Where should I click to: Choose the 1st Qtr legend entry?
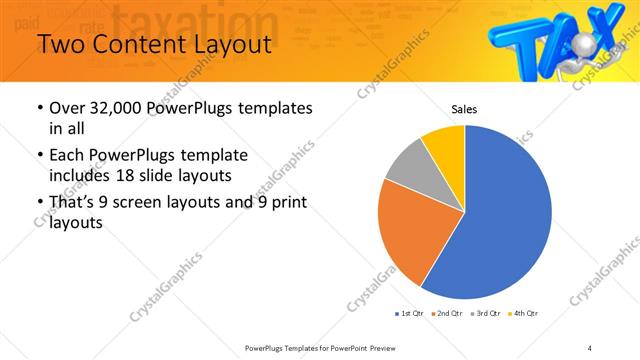410,314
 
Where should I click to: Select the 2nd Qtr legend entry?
446,314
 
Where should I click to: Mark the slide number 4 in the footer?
590,347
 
